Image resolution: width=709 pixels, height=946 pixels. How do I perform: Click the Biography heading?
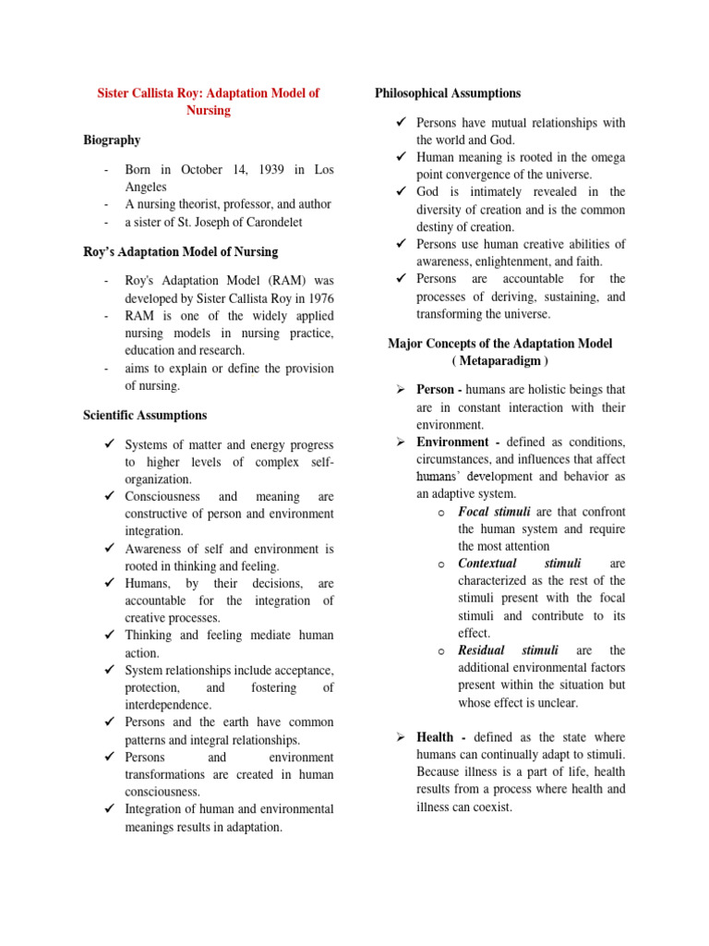(x=112, y=140)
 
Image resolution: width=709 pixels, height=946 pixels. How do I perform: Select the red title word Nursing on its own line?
(x=208, y=111)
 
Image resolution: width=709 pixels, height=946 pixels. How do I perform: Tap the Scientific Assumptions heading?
(x=145, y=416)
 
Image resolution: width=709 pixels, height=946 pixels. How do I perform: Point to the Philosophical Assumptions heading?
(x=448, y=93)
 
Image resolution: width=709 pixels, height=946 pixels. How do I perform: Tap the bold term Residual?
(x=482, y=650)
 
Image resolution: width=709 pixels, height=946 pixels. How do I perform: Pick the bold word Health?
(x=435, y=737)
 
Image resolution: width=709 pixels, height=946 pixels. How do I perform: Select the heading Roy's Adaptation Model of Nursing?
(x=180, y=252)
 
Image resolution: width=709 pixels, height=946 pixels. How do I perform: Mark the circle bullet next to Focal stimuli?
(x=441, y=513)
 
